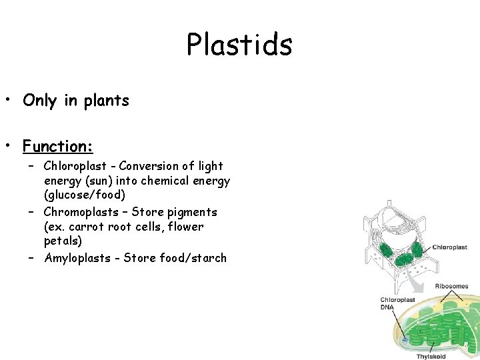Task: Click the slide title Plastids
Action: click(239, 45)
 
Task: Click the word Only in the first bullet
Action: click(41, 101)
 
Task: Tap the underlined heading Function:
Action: click(58, 145)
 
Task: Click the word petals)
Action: click(63, 241)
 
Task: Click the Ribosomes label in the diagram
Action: click(451, 287)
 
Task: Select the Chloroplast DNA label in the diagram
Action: click(397, 303)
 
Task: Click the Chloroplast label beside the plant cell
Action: click(451, 247)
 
